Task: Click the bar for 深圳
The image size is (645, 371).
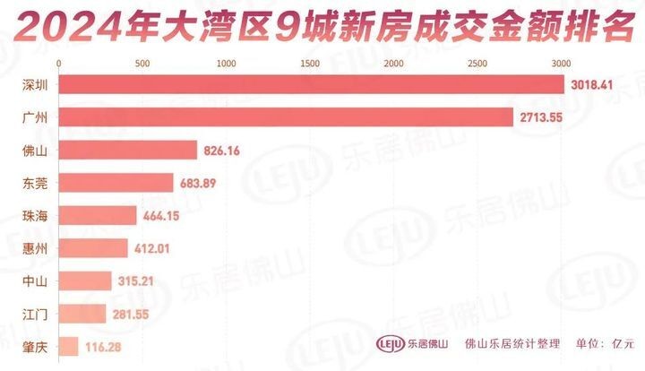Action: coord(312,84)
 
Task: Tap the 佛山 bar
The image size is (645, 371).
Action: coord(128,151)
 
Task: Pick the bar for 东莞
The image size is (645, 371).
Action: coord(116,183)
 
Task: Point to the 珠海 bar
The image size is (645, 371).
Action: coord(98,215)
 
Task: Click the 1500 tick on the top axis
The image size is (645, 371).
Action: coord(310,64)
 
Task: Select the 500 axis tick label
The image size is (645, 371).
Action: coord(142,64)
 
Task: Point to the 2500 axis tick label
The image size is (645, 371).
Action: coord(477,64)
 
